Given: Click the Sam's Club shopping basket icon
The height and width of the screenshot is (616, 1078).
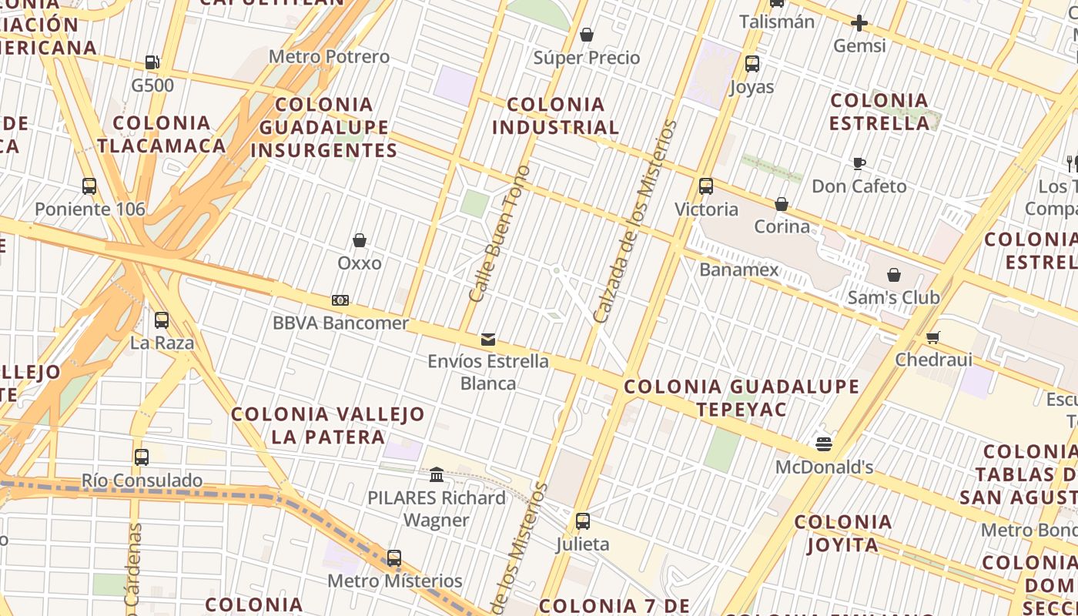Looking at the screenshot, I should tap(893, 275).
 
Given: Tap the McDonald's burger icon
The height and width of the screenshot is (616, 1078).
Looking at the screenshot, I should tap(824, 444).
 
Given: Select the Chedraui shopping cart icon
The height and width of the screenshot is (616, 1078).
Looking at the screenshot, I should tap(933, 336).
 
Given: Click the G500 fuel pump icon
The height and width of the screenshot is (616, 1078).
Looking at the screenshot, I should tap(152, 62).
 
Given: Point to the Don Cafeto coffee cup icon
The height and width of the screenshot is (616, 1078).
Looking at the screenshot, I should tap(859, 163).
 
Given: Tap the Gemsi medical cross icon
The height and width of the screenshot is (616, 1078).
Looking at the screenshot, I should tap(859, 23).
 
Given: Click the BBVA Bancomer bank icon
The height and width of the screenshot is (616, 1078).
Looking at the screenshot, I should tap(340, 300).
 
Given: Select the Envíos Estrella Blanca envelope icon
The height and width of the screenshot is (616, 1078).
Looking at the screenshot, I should tap(488, 339).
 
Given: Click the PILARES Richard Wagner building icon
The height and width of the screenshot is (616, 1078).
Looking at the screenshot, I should tap(437, 475).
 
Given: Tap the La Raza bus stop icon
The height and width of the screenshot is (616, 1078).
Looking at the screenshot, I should tap(162, 320).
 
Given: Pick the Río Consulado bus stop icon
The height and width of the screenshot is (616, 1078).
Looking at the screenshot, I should tap(142, 457).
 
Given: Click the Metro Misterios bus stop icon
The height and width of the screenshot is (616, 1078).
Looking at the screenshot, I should tap(394, 557).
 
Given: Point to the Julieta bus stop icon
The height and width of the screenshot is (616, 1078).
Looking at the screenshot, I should tap(583, 521).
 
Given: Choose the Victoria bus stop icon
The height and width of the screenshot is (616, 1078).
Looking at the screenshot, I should tap(706, 186).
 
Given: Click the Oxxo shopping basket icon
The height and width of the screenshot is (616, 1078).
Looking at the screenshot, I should tap(359, 240).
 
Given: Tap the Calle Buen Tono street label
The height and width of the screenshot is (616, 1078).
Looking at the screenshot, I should tap(500, 233).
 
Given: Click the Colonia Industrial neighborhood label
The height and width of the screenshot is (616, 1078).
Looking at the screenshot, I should tap(555, 115).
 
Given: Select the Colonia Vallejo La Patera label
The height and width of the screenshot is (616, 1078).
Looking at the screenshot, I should tap(328, 425).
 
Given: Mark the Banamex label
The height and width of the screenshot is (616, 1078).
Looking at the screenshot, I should tap(739, 269).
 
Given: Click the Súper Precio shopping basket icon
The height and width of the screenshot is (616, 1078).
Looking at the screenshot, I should tap(587, 35).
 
